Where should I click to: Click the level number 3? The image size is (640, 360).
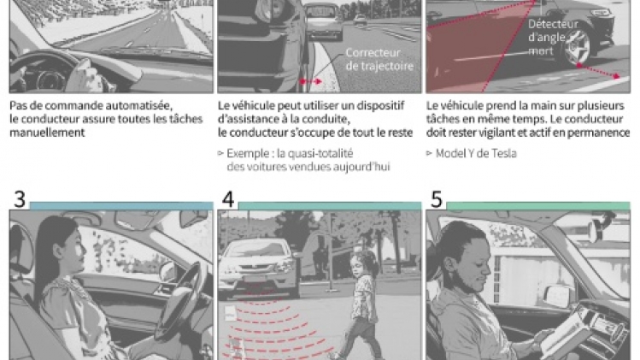(20, 199)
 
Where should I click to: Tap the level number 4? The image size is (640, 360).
(228, 199)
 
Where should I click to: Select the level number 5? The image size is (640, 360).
(437, 199)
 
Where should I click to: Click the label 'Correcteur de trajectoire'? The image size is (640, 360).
(379, 59)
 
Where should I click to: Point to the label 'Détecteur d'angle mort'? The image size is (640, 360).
(553, 37)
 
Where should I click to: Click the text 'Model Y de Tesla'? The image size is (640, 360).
(476, 153)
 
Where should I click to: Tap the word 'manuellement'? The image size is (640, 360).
(47, 133)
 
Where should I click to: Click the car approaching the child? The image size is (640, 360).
(258, 268)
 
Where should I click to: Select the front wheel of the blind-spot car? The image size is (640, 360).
(576, 48)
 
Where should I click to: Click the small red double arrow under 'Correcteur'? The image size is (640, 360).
(311, 81)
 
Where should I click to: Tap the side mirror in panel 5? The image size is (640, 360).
(558, 295)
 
